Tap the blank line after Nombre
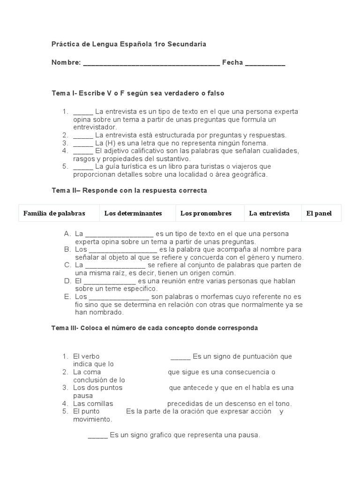(151, 63)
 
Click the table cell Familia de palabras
(54, 213)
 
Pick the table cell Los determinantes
(133, 213)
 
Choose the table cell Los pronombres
(206, 213)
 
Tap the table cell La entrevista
(269, 213)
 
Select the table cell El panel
(319, 213)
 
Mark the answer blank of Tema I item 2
(83, 135)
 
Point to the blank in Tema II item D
(110, 281)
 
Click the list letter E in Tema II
(67, 297)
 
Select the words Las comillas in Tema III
(93, 404)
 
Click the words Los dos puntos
(97, 388)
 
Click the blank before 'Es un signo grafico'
(97, 435)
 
